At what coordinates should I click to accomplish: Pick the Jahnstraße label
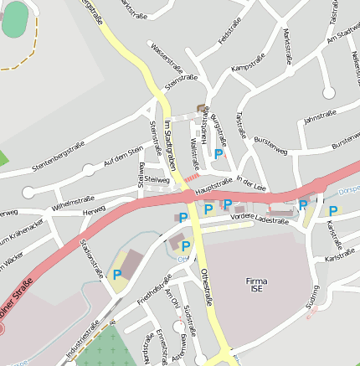point(319,116)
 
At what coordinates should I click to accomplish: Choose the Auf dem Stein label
point(123,154)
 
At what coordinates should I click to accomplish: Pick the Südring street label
point(312,296)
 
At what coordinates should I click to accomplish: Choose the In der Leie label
point(250,180)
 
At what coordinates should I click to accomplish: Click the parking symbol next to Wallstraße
point(219,154)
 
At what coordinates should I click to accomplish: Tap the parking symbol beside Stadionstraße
point(117,274)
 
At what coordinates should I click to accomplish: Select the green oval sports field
point(14,19)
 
